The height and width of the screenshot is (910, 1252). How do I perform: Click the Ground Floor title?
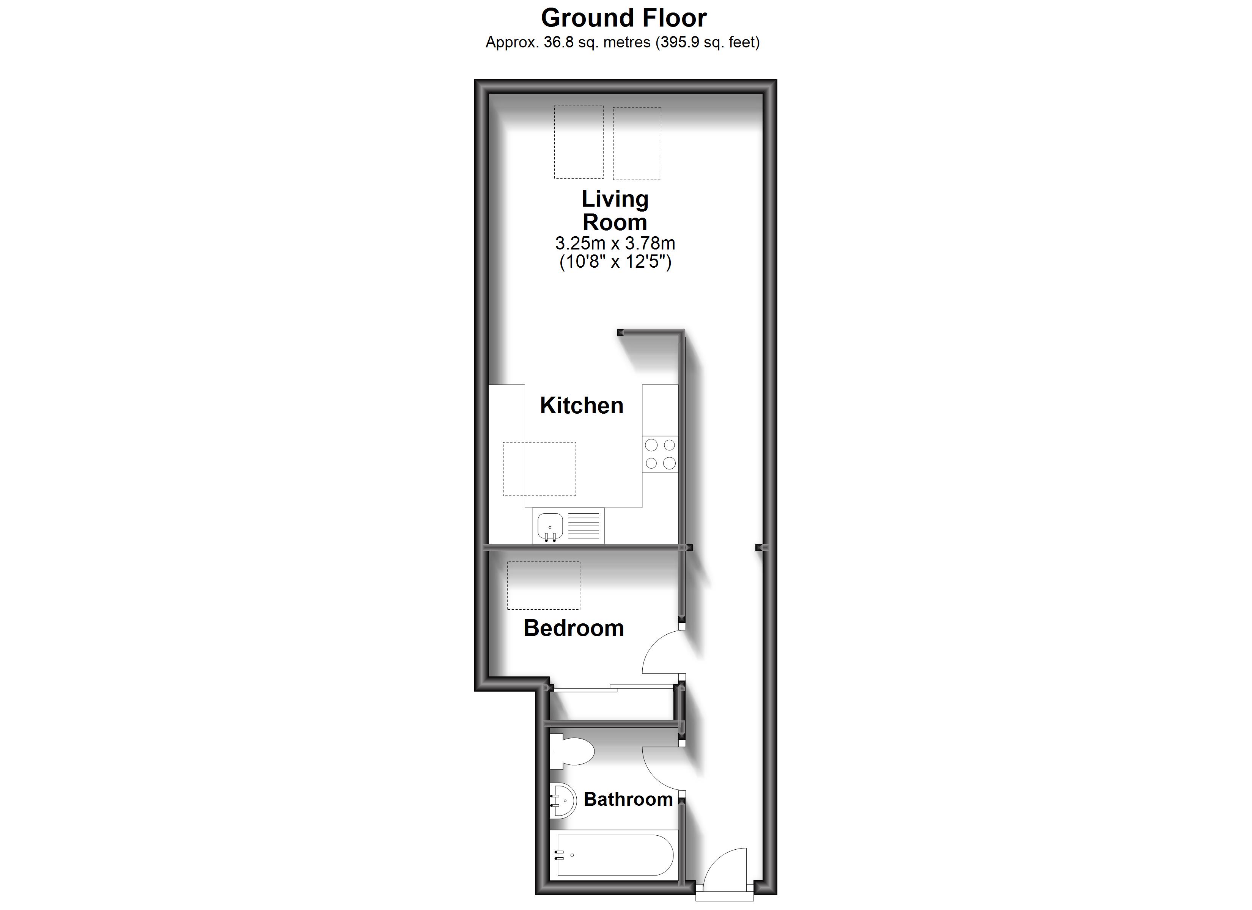click(x=623, y=18)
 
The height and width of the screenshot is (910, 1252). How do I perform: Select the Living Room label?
click(x=615, y=210)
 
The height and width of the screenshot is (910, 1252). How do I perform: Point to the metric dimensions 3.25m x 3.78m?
click(x=615, y=243)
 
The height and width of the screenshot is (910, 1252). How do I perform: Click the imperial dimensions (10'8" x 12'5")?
click(x=615, y=262)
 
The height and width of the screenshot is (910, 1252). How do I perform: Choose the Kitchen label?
click(x=581, y=406)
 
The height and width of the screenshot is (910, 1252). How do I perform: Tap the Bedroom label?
click(x=574, y=628)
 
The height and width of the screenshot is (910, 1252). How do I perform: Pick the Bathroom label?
click(x=628, y=799)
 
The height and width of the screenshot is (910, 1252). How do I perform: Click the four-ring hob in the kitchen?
click(x=660, y=453)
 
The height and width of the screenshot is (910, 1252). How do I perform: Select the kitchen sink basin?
click(x=550, y=526)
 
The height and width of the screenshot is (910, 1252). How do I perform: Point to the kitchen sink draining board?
click(x=584, y=526)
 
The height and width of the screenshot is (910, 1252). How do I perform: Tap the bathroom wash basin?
click(x=563, y=800)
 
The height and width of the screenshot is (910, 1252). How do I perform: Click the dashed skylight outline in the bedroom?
click(x=543, y=585)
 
